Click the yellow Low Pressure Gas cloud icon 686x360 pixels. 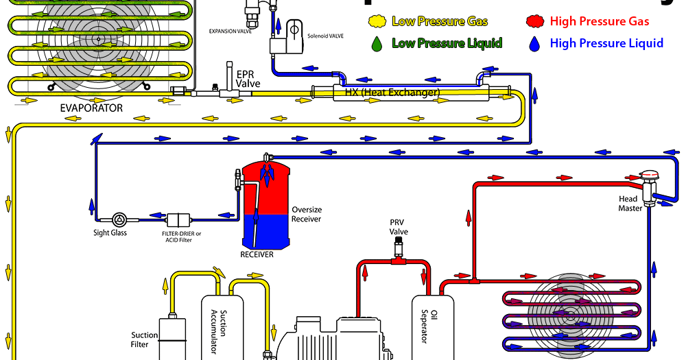(377, 21)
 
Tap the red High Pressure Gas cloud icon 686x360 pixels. (535, 21)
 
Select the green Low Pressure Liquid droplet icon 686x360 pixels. (377, 44)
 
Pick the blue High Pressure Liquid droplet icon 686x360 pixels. (535, 44)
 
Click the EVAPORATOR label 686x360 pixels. (91, 108)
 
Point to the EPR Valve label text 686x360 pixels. (248, 78)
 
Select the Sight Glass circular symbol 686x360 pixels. (120, 220)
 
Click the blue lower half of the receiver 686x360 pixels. (267, 232)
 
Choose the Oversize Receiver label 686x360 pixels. (307, 214)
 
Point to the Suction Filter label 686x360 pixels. (145, 339)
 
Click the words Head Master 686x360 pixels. (630, 204)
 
